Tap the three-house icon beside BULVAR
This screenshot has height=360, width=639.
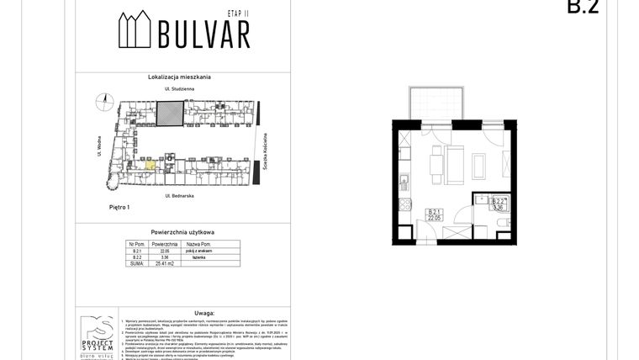tap(135, 33)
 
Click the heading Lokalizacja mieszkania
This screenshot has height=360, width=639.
tap(182, 77)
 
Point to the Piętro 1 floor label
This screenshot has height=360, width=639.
tap(119, 206)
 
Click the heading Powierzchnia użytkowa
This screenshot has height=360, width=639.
tap(182, 230)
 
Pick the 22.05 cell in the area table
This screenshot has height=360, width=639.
tap(166, 251)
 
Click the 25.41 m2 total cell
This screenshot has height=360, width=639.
tap(166, 263)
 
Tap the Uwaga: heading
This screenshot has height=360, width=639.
tap(182, 310)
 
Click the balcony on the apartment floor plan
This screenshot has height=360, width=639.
tap(435, 104)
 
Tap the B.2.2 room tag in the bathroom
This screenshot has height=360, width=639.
tap(498, 202)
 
